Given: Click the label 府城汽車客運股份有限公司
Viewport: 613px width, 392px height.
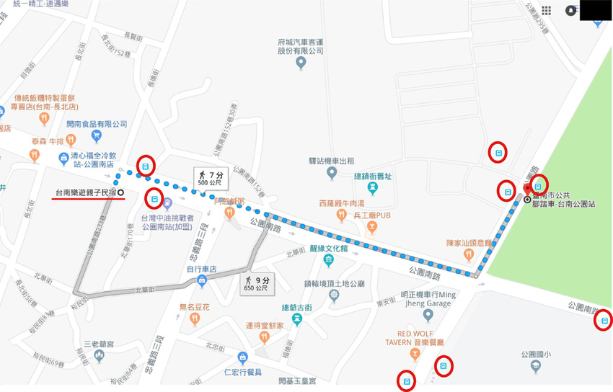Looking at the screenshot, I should [x=301, y=46].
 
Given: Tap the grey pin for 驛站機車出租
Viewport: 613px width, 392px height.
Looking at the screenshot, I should [x=332, y=173].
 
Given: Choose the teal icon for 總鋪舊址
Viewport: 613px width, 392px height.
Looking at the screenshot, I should [x=372, y=188].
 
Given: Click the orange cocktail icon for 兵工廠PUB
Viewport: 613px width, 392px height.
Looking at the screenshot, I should [x=372, y=227].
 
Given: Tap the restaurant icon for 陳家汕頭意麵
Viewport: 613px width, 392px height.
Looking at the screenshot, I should [x=468, y=254].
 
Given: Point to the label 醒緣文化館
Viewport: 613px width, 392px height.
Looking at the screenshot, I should [x=328, y=249].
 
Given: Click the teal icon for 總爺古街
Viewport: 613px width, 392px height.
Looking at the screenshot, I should [x=296, y=318].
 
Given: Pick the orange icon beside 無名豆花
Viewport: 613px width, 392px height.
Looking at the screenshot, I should [x=194, y=319].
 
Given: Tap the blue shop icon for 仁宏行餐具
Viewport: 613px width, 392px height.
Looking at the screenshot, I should [x=242, y=357].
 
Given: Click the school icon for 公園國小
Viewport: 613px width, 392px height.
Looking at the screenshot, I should [x=536, y=367].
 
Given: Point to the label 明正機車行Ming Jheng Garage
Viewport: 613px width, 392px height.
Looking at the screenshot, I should [x=428, y=299].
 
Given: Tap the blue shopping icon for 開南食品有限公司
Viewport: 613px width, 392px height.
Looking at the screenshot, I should [x=96, y=136].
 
